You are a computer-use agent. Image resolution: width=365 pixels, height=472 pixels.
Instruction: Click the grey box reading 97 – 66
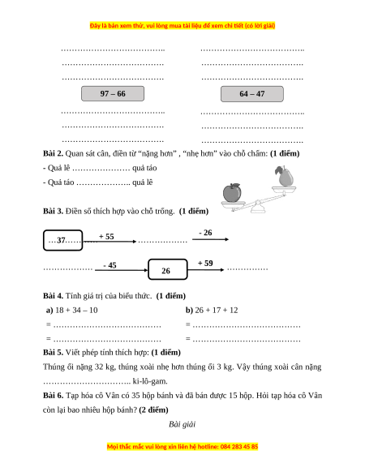point(113,93)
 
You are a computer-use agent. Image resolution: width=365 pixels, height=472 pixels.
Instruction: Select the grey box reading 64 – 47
point(252,94)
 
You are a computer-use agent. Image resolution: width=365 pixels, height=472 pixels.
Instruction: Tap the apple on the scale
point(232,193)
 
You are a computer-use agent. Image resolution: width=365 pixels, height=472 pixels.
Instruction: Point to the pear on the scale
point(285,176)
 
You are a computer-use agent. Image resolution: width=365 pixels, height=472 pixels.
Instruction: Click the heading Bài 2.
point(53,153)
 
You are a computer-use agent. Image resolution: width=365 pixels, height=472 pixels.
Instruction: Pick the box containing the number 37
point(62,240)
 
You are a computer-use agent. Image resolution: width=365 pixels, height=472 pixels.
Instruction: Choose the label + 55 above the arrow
point(106,236)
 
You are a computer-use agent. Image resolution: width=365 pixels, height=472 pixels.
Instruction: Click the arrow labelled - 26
point(211,239)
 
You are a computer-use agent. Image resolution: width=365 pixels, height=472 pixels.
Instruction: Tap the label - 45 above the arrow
point(109,265)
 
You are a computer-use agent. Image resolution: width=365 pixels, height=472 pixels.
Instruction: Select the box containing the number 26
point(168,269)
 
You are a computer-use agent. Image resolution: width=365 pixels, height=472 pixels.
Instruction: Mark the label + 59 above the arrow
point(205,263)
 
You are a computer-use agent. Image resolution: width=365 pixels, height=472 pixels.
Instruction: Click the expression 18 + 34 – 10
point(76,310)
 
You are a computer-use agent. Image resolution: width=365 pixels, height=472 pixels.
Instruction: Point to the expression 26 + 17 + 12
point(217,310)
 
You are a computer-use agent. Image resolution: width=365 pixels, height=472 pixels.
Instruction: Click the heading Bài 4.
point(53,296)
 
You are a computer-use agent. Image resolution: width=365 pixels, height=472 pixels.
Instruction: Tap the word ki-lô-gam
point(150,381)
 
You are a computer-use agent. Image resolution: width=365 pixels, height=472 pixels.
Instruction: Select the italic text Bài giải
point(182,424)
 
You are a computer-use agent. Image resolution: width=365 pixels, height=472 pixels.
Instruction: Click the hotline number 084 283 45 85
point(239,446)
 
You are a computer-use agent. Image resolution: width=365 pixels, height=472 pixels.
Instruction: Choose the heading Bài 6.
point(53,396)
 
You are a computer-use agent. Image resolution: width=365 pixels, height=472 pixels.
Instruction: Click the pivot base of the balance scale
point(258,208)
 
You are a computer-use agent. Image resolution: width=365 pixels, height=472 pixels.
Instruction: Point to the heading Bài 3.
point(53,211)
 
